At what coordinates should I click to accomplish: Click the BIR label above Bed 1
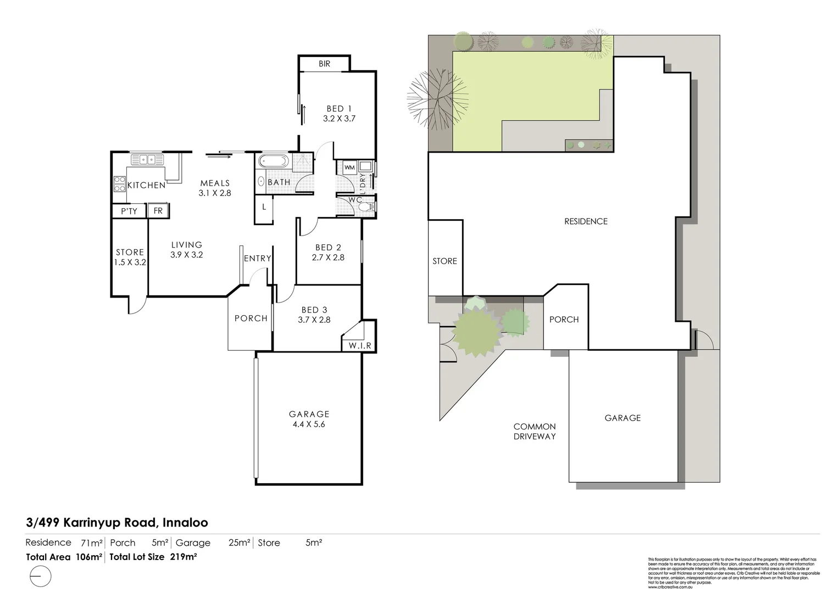tap(324, 64)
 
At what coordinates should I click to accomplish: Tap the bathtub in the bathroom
tap(273, 162)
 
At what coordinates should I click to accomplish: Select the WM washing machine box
tap(349, 167)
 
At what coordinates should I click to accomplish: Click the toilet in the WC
tap(370, 207)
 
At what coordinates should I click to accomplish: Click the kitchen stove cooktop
tap(119, 184)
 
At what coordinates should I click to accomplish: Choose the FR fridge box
tap(158, 211)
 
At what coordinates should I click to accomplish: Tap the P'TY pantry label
tap(129, 211)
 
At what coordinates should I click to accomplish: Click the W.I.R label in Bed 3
tap(360, 345)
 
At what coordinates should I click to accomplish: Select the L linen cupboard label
tap(264, 207)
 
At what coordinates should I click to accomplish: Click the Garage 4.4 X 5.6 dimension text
tap(309, 424)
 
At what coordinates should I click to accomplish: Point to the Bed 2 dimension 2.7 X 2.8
tap(328, 257)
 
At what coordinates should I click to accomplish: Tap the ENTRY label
tap(257, 258)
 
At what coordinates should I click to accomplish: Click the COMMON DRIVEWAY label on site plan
tap(535, 431)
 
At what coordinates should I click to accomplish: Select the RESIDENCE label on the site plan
tap(586, 221)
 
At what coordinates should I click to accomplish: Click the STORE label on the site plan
tap(444, 261)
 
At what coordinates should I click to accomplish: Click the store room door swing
tap(138, 304)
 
